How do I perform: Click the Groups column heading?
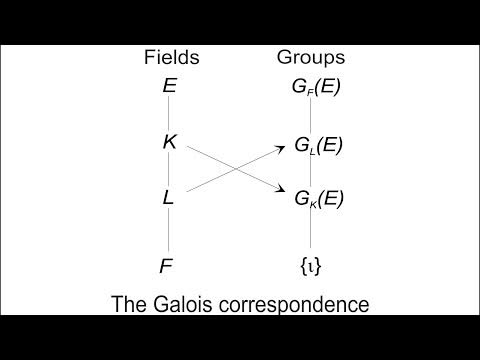(312, 58)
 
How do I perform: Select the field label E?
(169, 86)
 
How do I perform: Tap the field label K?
(169, 142)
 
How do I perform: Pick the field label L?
(169, 198)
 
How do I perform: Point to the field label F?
(169, 266)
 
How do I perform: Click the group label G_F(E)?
(315, 87)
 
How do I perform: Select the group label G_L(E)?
(317, 146)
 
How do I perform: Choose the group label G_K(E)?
(319, 198)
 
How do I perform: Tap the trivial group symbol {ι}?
(311, 266)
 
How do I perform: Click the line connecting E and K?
(169, 114)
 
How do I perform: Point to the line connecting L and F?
(169, 232)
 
